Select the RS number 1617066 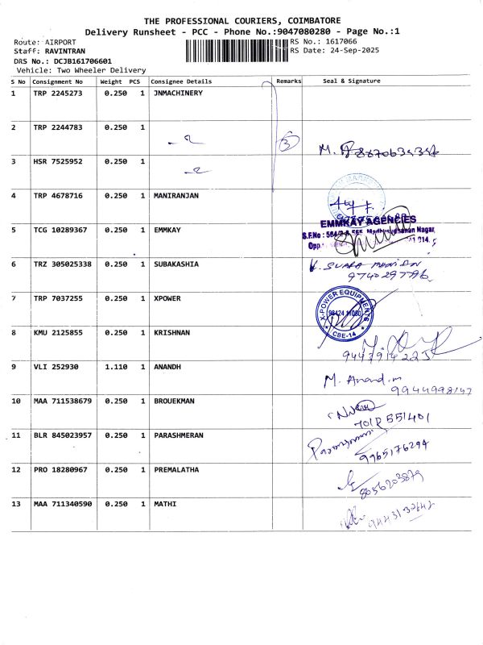341,41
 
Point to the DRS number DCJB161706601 76,60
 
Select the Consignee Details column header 181,81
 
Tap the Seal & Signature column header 352,81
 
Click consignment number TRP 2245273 57,94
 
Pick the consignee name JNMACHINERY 178,94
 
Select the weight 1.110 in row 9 116,367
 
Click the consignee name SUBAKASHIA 176,264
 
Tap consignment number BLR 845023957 62,435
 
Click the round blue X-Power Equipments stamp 348,310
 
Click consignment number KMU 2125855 57,333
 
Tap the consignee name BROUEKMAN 173,401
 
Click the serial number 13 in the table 15,504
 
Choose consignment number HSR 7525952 57,162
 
